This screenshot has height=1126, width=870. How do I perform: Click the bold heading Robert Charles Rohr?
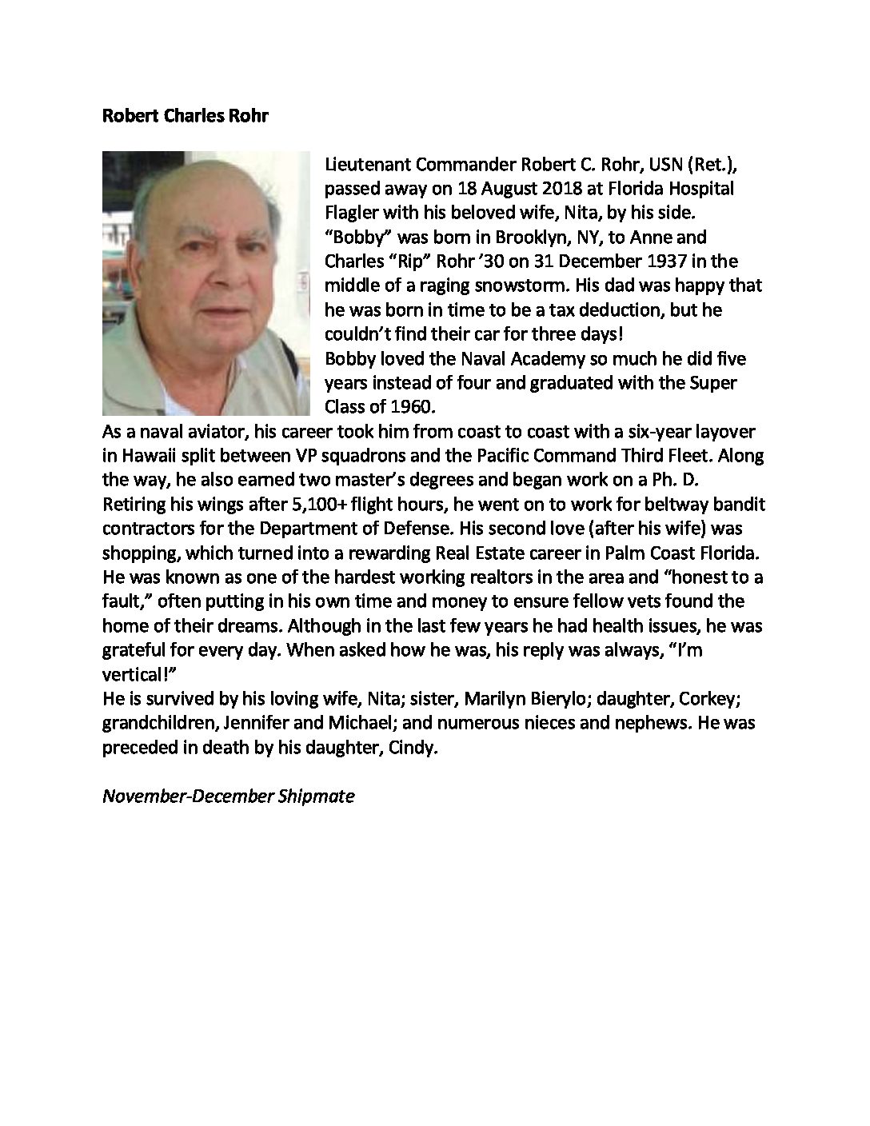click(186, 116)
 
